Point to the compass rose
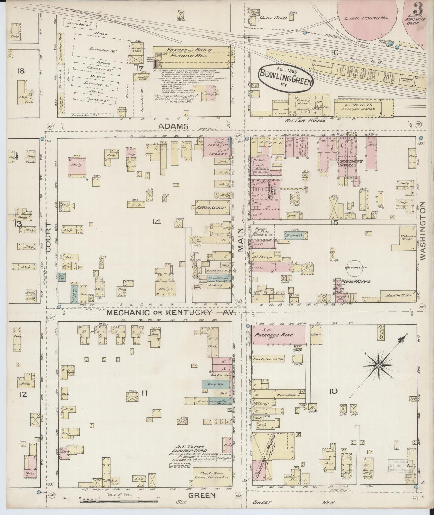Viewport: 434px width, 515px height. click(x=378, y=365)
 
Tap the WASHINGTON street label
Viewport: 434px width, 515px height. click(x=424, y=230)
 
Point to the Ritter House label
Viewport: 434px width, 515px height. click(x=311, y=120)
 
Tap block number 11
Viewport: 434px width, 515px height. click(x=144, y=392)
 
